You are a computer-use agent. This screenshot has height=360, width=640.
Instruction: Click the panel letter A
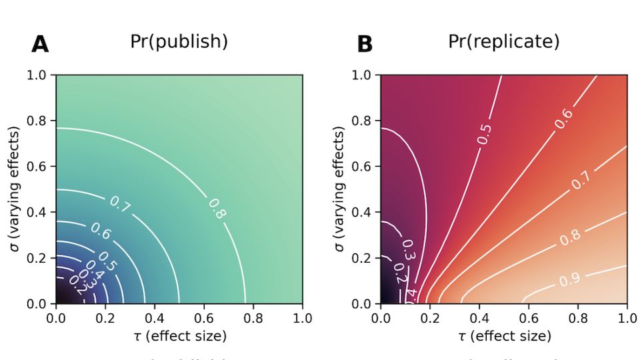point(40,45)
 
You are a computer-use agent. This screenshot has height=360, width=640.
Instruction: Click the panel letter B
point(365,45)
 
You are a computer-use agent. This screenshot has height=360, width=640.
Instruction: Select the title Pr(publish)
point(179,42)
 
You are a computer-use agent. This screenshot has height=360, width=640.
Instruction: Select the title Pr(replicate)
point(503,42)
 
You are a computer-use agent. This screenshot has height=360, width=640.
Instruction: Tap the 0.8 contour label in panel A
point(217,209)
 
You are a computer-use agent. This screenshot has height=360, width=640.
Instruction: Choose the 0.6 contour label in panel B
point(564,118)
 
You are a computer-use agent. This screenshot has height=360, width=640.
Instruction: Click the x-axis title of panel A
point(179,335)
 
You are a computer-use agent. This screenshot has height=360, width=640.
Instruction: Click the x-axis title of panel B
point(503,335)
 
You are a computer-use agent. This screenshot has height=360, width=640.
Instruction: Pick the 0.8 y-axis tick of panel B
point(363,121)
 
